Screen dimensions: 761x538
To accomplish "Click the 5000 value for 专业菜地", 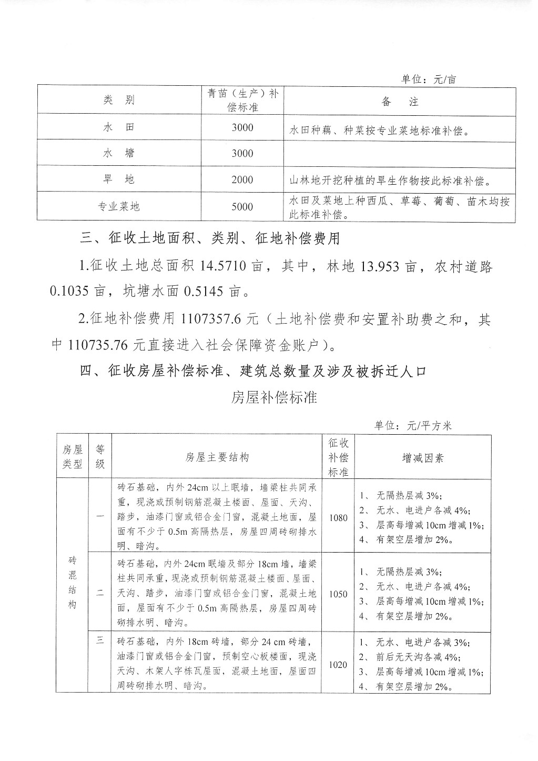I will [242, 207].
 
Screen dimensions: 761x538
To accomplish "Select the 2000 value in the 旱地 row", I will [242, 180].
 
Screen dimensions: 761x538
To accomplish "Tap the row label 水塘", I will [119, 153].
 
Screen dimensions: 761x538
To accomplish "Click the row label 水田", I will [119, 127].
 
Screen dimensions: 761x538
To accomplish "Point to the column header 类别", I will [119, 101].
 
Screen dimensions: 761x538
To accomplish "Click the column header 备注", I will [400, 102].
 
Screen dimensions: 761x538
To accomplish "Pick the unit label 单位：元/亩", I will [429, 79].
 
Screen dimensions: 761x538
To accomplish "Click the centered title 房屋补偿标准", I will [274, 397].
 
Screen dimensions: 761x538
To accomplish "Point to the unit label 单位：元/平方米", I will [413, 426].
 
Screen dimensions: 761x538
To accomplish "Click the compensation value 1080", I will [338, 517].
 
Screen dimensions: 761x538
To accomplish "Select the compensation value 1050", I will [338, 594].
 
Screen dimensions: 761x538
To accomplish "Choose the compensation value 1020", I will [338, 665].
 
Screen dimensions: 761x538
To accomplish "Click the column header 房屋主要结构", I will [217, 457].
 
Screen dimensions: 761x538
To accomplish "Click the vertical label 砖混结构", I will [72, 582].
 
